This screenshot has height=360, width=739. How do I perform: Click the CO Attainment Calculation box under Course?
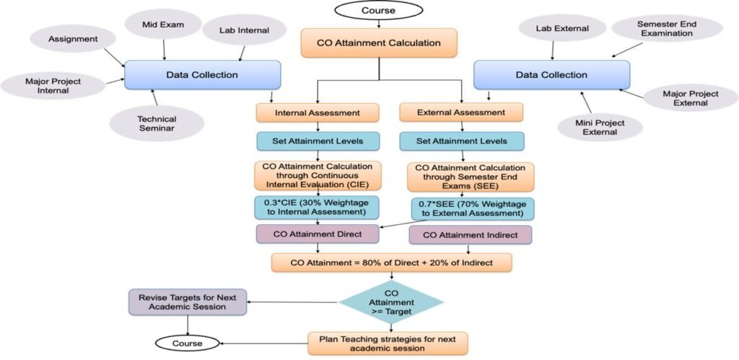coord(379,43)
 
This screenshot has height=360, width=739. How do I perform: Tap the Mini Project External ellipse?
coord(600,127)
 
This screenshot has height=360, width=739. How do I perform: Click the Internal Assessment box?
coord(318,113)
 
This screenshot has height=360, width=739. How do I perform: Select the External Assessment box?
coord(462,113)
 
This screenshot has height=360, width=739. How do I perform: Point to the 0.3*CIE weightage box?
coord(318,207)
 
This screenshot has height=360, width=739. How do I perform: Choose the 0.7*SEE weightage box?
coord(472,209)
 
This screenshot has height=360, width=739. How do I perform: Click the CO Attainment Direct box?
coord(318,234)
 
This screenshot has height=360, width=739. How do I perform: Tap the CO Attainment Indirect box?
coord(469,234)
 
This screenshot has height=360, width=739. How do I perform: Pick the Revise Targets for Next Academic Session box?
coord(188,302)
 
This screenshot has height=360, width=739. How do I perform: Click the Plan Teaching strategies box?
coord(388,343)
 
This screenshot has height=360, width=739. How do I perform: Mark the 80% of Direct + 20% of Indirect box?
coord(391,262)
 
